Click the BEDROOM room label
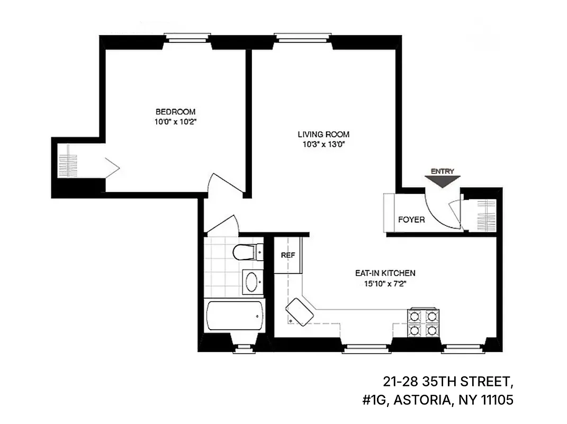175,112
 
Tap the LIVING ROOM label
323,135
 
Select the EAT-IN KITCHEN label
385,273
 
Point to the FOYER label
411,219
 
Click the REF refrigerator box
287,255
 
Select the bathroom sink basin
252,281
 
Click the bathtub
234,317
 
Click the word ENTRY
443,171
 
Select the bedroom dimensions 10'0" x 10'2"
175,121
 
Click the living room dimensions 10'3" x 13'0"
323,144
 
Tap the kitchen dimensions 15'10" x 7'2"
385,283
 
